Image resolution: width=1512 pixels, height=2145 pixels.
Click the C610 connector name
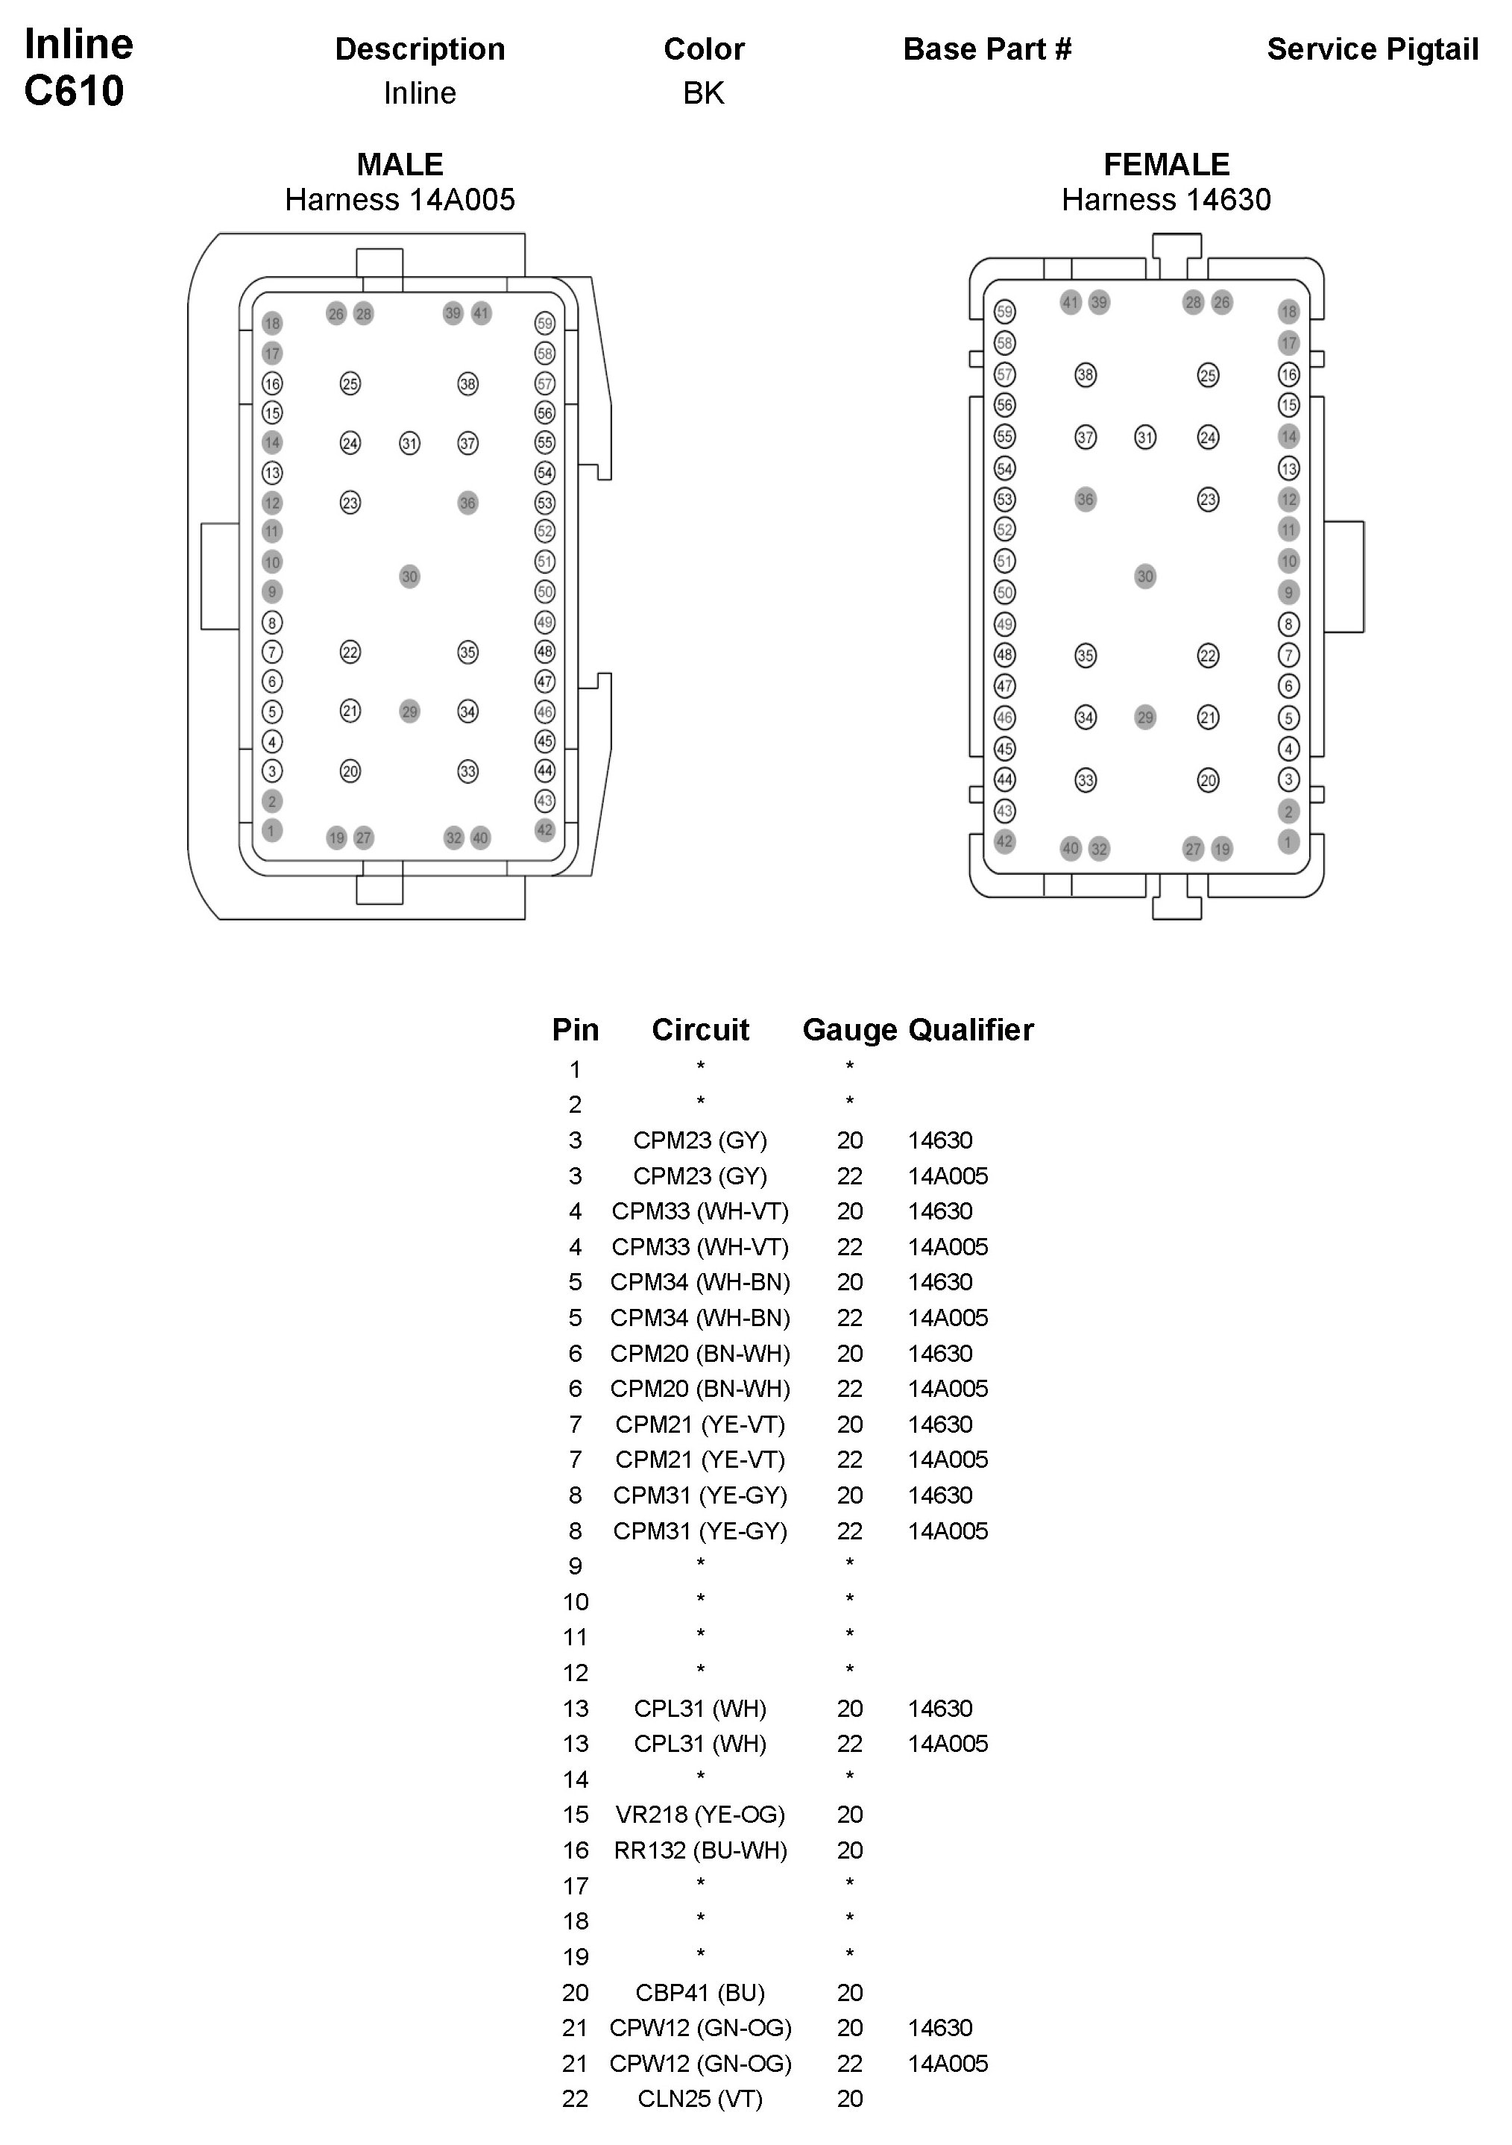tap(74, 91)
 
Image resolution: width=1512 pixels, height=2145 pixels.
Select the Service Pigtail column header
tap(1372, 48)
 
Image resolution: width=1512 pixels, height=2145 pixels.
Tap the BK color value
tap(703, 92)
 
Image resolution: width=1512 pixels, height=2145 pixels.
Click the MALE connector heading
tap(400, 164)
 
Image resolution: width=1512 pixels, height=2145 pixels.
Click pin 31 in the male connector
tap(409, 443)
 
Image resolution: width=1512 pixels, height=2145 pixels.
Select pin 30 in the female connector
tap(1145, 577)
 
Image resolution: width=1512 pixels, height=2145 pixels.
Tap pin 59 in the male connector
tap(544, 323)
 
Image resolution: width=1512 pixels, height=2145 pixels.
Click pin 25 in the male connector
tap(350, 383)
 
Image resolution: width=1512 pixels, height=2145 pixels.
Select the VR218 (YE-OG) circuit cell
tap(699, 1815)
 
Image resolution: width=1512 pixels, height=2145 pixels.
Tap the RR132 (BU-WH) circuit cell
tap(699, 1850)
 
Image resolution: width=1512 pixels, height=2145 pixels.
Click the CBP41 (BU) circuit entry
tap(699, 1992)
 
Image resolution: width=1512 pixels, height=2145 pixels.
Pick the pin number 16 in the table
tap(576, 1850)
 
